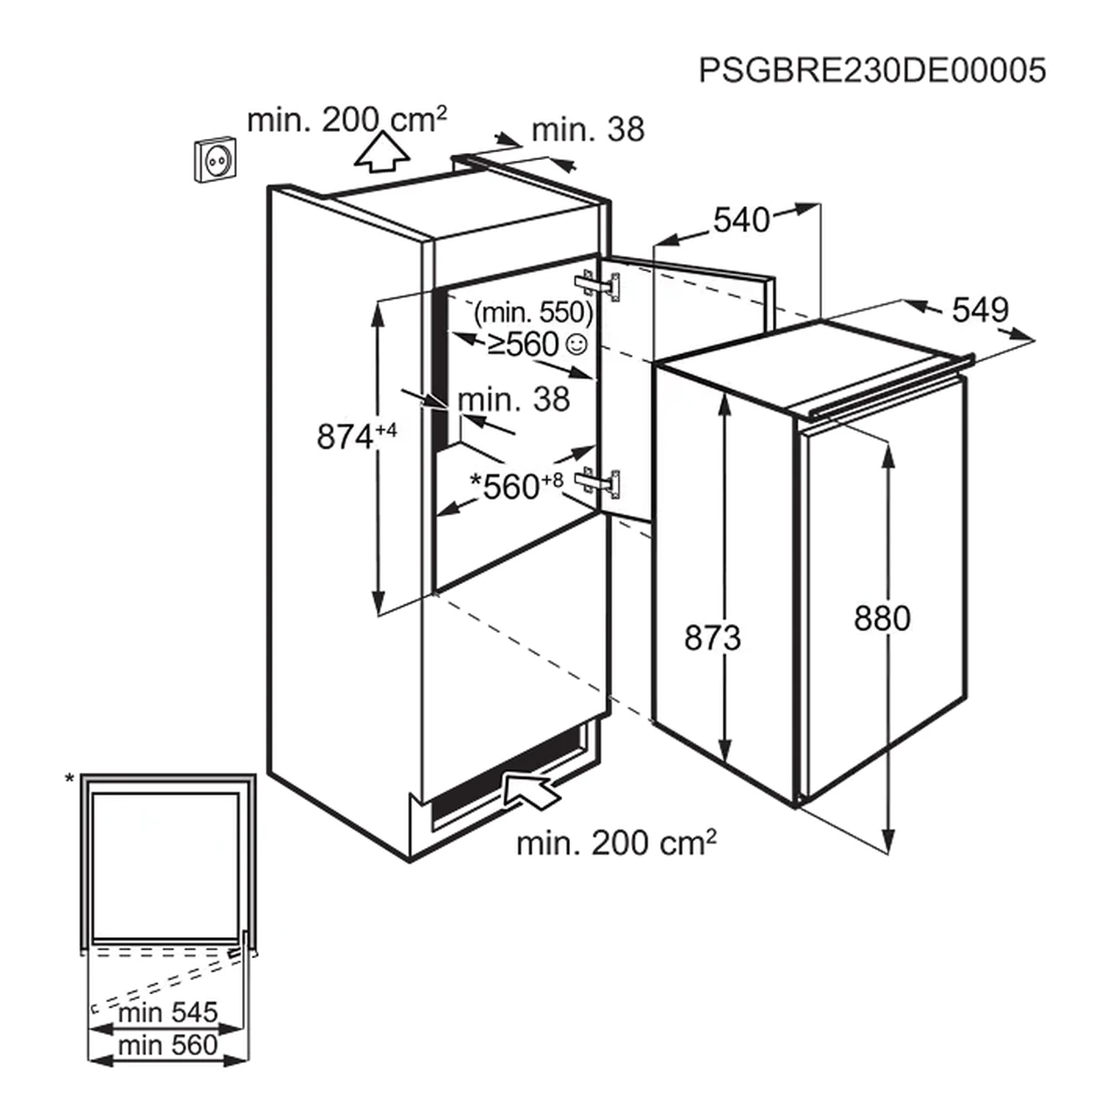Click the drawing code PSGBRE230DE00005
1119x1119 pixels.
pyautogui.click(x=872, y=71)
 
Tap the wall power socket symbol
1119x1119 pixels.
pyautogui.click(x=216, y=159)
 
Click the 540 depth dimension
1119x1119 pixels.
pyautogui.click(x=741, y=220)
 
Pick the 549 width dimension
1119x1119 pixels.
pyautogui.click(x=980, y=310)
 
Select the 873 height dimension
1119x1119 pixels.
pyautogui.click(x=712, y=638)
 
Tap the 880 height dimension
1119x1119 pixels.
pyautogui.click(x=881, y=618)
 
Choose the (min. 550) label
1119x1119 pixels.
pyautogui.click(x=533, y=313)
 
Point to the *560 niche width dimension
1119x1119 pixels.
pyautogui.click(x=517, y=485)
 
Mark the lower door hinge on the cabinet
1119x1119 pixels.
pyautogui.click(x=598, y=482)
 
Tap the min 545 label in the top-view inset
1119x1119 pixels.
pyautogui.click(x=168, y=1012)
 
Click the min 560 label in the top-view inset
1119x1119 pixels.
pyautogui.click(x=168, y=1046)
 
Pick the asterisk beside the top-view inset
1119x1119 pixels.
pyautogui.click(x=70, y=779)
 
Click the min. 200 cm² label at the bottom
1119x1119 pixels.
pyautogui.click(x=616, y=843)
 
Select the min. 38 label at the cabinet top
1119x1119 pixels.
pyautogui.click(x=587, y=130)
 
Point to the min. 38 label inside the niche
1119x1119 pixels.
pyautogui.click(x=513, y=400)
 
